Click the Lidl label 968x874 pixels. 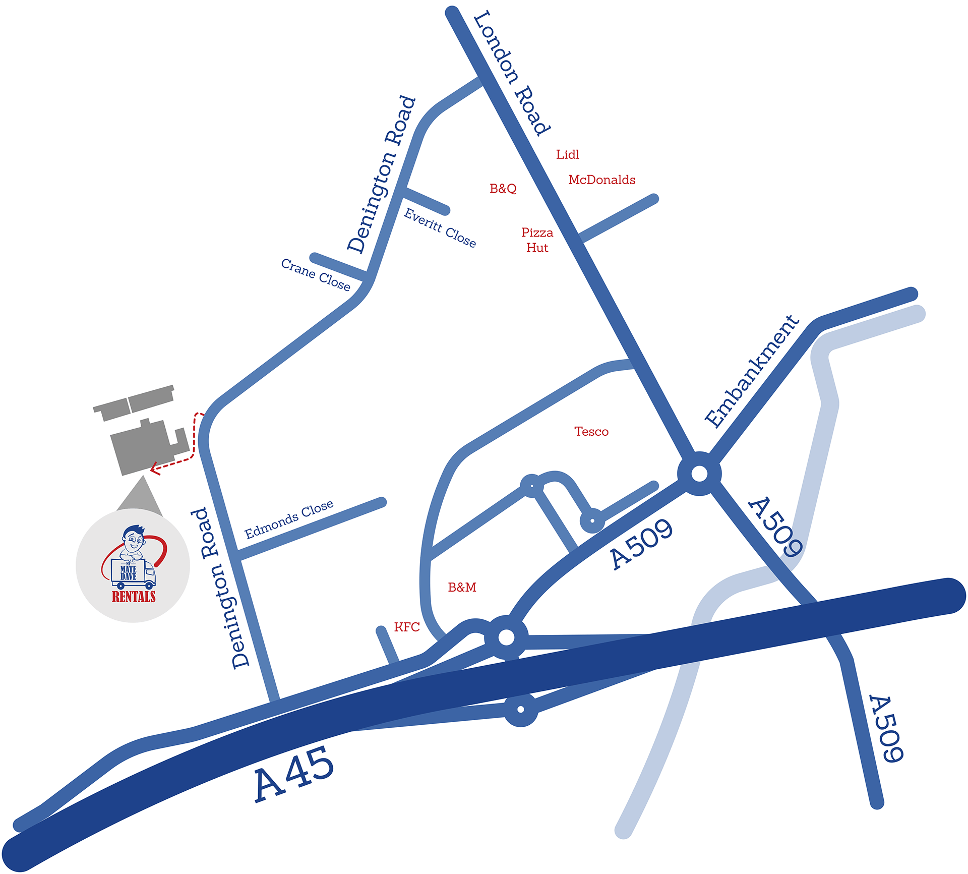(567, 154)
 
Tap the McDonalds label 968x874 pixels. (601, 180)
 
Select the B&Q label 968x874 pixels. (503, 188)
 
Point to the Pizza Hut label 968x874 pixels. (537, 240)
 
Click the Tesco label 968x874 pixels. (591, 431)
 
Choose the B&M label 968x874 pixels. (462, 587)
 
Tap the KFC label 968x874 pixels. (406, 627)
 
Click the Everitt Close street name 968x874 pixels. (440, 228)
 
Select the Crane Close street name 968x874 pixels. (316, 274)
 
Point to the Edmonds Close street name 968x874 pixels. (289, 519)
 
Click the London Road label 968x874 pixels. (511, 73)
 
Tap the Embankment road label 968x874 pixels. (752, 372)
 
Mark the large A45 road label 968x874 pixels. (294, 774)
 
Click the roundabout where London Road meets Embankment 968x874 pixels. (699, 474)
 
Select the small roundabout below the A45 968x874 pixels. (521, 710)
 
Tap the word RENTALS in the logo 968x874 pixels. (134, 597)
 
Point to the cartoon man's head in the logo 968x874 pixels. (134, 540)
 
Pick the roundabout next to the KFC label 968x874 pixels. (506, 637)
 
